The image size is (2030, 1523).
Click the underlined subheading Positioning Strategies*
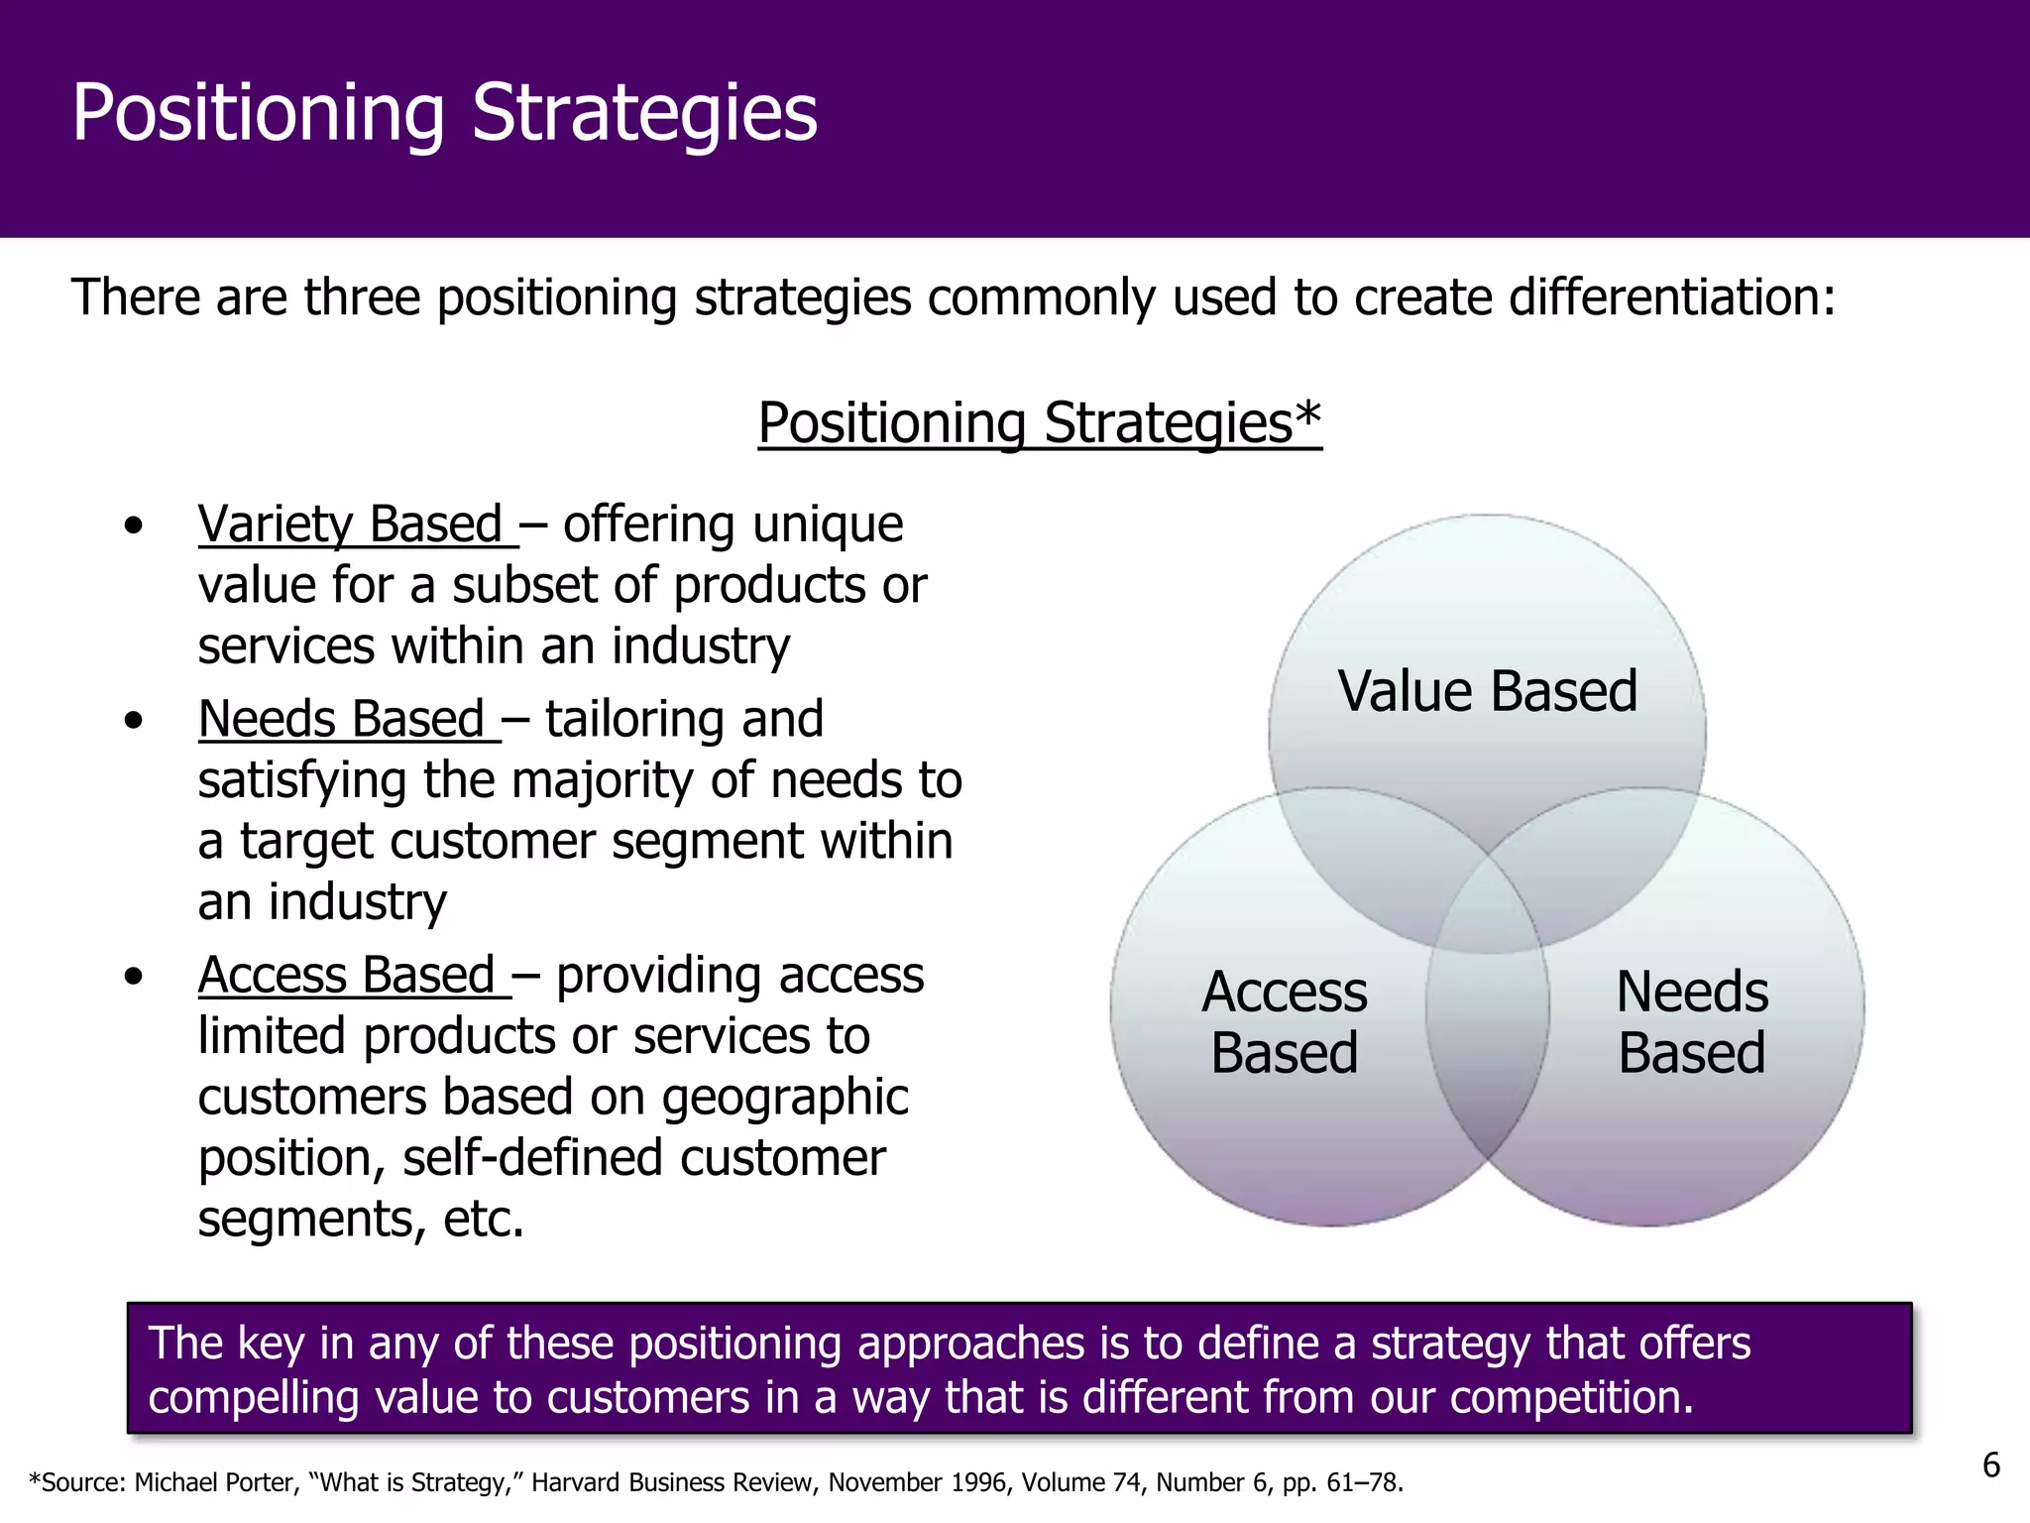click(1039, 423)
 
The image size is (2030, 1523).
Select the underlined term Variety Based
click(351, 525)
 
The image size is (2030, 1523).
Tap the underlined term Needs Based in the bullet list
click(342, 719)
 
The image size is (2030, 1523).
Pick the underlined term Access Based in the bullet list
click(347, 976)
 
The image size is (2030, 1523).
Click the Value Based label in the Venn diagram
click(1487, 691)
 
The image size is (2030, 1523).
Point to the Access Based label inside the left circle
click(1284, 1022)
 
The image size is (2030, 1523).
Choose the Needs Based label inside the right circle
click(1692, 1022)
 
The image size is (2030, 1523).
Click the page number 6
click(1990, 1465)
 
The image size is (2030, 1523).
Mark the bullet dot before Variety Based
click(134, 527)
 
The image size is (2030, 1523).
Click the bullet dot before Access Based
click(134, 978)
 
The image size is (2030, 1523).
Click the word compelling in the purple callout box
click(254, 1397)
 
